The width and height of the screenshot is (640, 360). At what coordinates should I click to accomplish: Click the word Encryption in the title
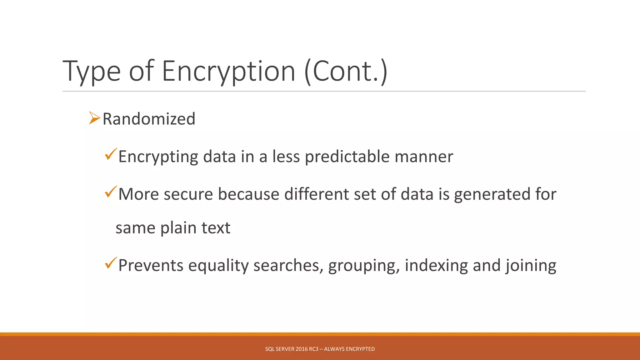point(228,71)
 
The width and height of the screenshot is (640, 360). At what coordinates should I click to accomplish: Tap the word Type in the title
point(91,72)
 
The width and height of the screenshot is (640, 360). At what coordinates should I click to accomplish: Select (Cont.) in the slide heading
point(346,71)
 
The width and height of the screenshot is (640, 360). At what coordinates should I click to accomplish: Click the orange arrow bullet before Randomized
point(94,118)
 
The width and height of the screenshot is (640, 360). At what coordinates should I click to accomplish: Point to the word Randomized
point(149,119)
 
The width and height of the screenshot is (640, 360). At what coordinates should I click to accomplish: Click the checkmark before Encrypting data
point(111,154)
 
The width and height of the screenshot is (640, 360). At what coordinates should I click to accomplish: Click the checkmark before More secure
point(111,192)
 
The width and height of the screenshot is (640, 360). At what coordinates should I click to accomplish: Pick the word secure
point(188,194)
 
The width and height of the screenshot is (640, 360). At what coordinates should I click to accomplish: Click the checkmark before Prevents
point(111,263)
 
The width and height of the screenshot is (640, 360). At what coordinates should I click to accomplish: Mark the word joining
point(531,266)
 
